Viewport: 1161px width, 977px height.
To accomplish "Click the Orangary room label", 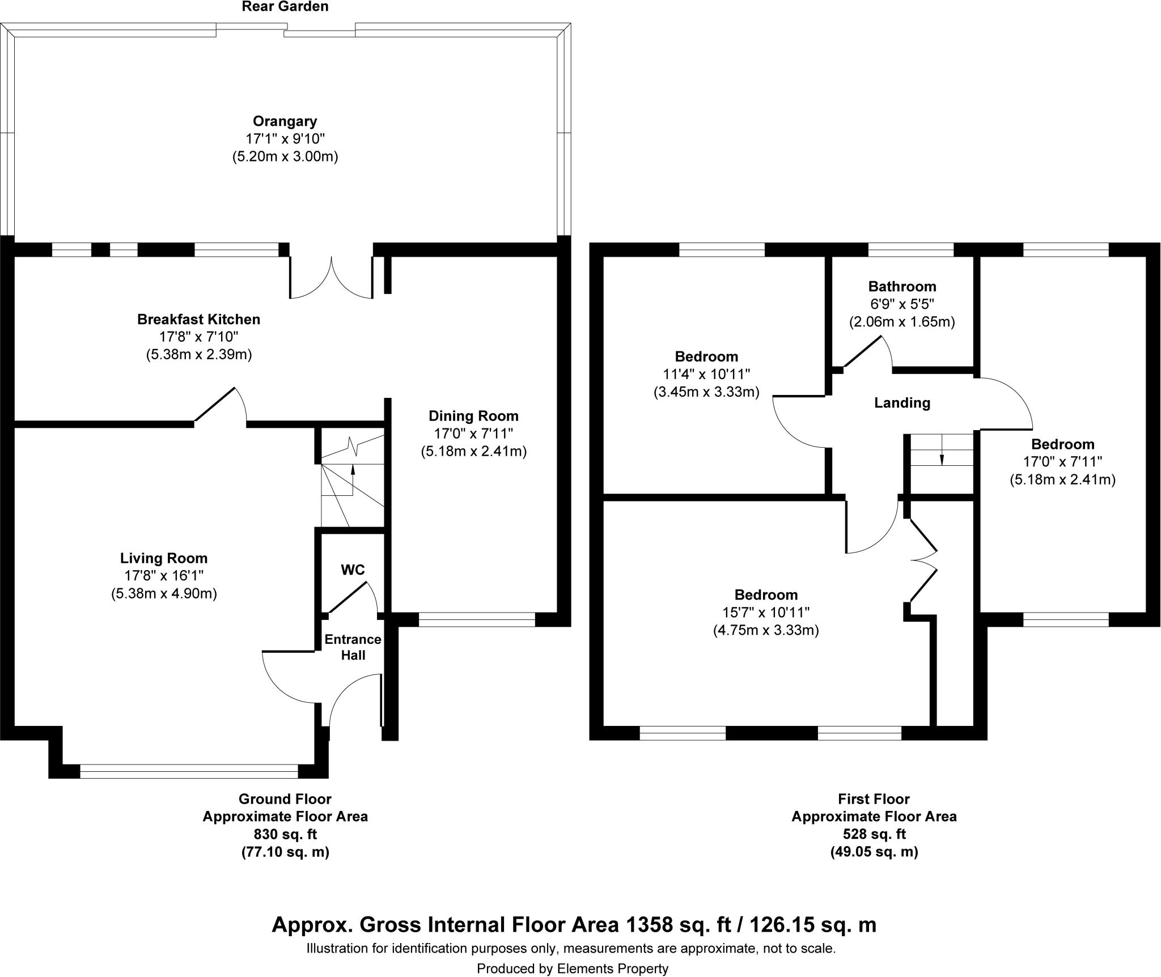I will [285, 121].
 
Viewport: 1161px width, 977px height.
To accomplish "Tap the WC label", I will [352, 570].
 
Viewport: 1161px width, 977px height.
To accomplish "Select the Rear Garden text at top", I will [285, 7].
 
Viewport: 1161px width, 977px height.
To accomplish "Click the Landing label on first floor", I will [902, 403].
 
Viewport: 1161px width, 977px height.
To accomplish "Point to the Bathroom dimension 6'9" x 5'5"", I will [901, 304].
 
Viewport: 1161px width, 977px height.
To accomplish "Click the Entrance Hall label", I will [353, 647].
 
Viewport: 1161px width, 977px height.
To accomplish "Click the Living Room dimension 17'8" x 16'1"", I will [164, 576].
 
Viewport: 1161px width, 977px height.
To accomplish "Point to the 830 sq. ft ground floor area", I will [285, 834].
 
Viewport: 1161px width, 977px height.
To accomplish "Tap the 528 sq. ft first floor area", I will [874, 834].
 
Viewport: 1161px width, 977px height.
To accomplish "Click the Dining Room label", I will [473, 416].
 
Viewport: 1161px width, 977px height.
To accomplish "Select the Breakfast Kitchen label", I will [198, 320].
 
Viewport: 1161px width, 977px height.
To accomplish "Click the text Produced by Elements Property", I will [572, 968].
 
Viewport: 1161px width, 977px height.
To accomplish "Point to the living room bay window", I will [189, 771].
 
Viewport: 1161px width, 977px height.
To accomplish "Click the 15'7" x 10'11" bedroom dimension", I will [766, 612].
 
